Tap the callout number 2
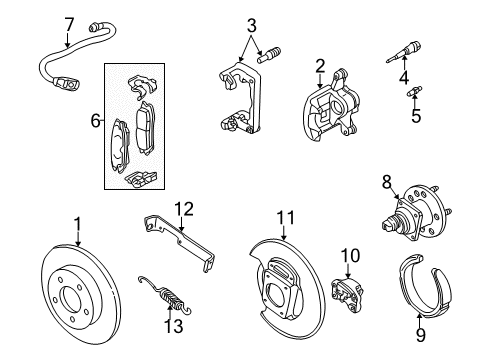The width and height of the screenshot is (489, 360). (x=320, y=67)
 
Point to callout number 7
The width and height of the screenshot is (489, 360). (x=69, y=23)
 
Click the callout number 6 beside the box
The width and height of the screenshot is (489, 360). (x=96, y=120)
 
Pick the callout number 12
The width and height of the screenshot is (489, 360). (x=182, y=208)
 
